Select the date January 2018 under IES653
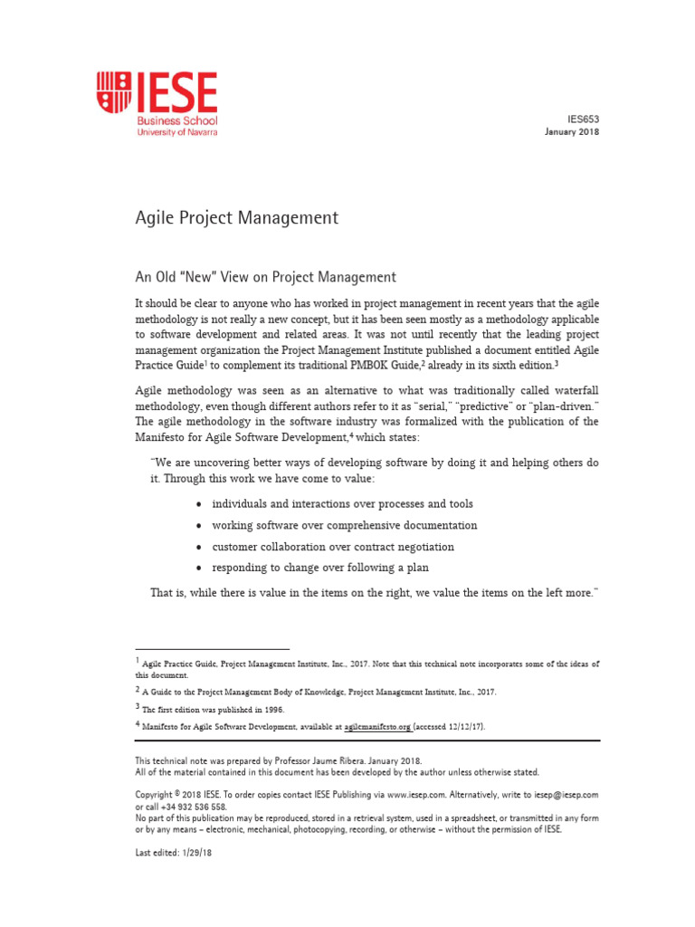pyautogui.click(x=571, y=131)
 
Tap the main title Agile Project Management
pyautogui.click(x=236, y=218)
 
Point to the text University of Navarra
pyautogui.click(x=176, y=132)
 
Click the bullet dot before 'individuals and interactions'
pyautogui.click(x=198, y=504)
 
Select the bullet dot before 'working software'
pyautogui.click(x=198, y=526)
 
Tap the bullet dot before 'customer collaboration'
pyautogui.click(x=198, y=548)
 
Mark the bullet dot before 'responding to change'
pyautogui.click(x=198, y=569)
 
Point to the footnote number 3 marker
pyautogui.click(x=138, y=707)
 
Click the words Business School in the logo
pyautogui.click(x=176, y=120)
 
